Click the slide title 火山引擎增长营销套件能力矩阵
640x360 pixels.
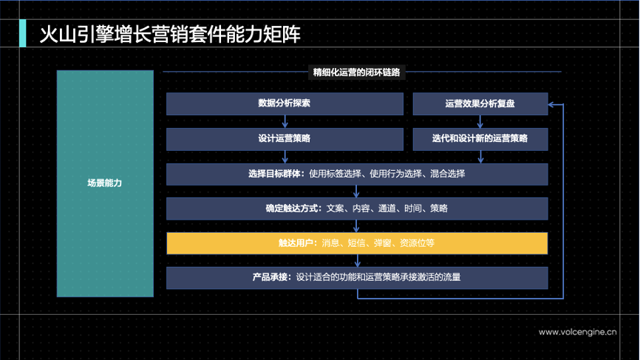pos(170,35)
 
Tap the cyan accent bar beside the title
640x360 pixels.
pos(23,35)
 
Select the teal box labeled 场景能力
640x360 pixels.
pos(105,183)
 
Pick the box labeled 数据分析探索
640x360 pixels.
pos(285,103)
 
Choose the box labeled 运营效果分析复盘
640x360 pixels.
pos(480,104)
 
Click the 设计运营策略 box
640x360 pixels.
pos(285,139)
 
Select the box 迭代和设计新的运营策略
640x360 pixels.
pos(480,139)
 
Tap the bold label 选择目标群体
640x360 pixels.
pos(276,174)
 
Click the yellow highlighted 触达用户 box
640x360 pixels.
pos(357,243)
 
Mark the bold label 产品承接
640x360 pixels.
pos(270,278)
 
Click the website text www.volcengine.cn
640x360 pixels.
pos(577,332)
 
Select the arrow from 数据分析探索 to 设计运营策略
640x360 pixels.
pos(285,122)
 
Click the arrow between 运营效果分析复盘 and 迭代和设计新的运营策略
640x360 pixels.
pos(480,122)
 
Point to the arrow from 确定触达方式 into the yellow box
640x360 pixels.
pos(357,226)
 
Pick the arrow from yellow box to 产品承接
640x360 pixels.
pos(357,260)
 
